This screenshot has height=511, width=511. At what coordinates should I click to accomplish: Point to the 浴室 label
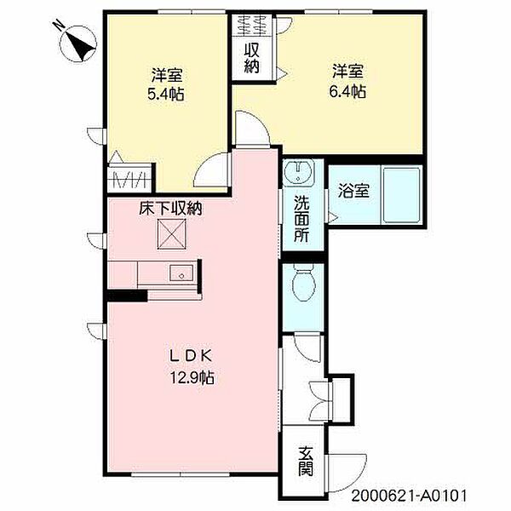354,191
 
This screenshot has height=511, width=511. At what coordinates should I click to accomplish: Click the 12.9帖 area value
194,377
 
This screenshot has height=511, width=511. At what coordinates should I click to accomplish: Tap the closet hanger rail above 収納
251,24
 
